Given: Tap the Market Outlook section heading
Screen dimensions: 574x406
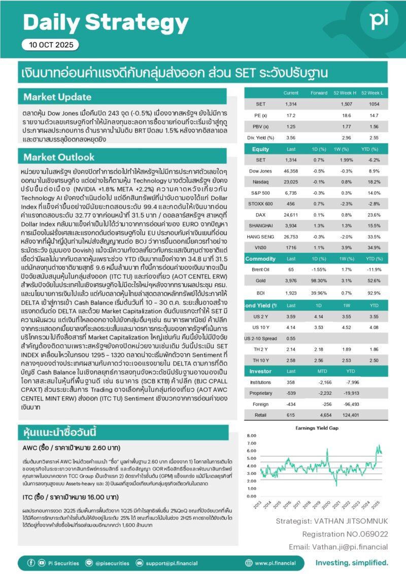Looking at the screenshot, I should [x=59, y=156].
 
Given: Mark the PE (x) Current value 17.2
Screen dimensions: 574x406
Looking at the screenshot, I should [x=291, y=116].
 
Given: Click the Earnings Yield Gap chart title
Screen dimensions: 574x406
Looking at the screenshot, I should [x=316, y=428].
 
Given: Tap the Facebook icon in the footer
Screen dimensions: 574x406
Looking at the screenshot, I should [x=31, y=563].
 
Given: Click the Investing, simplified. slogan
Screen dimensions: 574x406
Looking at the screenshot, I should [x=352, y=563].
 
